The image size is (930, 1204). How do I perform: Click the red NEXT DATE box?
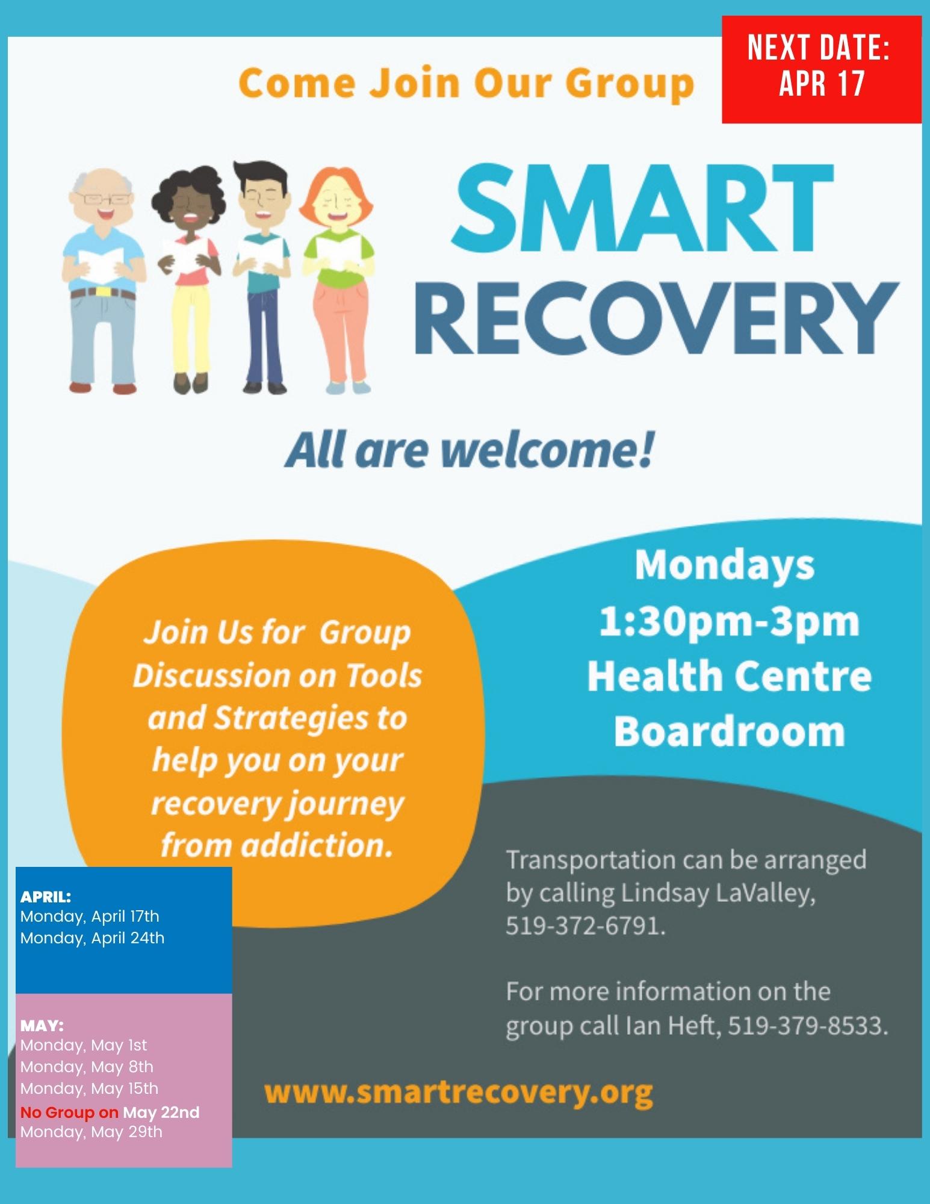click(822, 70)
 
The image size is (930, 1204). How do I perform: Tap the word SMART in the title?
click(645, 210)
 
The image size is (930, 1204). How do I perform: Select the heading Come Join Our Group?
click(467, 83)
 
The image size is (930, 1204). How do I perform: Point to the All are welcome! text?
click(470, 451)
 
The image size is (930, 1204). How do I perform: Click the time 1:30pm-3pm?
click(729, 622)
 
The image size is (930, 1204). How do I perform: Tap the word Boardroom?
click(729, 731)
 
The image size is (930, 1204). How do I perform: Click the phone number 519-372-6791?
click(585, 925)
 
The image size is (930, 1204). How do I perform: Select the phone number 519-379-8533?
click(808, 1025)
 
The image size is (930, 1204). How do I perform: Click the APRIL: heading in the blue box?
click(46, 896)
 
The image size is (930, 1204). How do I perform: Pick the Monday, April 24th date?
click(92, 938)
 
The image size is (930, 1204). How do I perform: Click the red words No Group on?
click(69, 1112)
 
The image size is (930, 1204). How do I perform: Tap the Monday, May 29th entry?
click(91, 1132)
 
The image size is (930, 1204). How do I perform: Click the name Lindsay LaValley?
click(718, 892)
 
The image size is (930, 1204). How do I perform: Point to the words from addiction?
click(277, 845)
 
